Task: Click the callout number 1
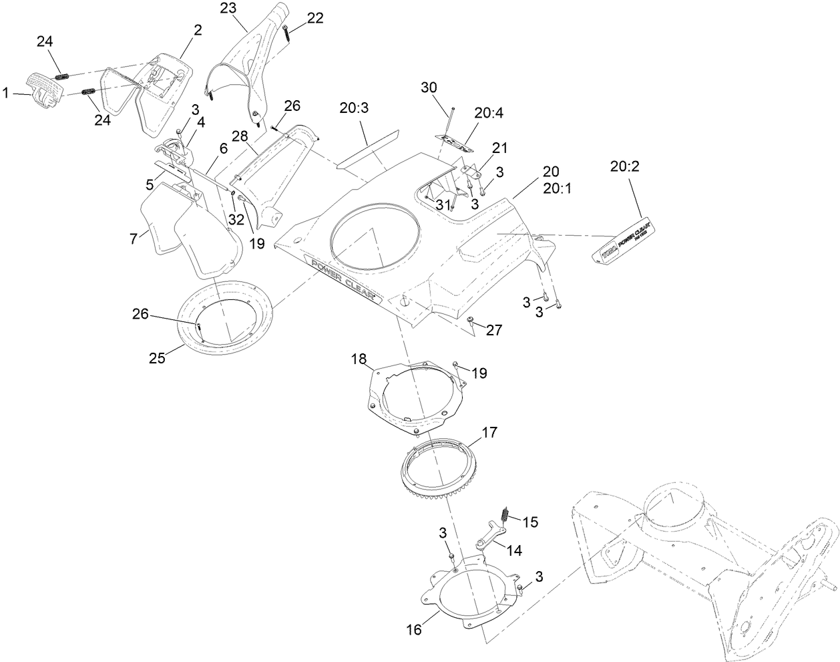pos(6,95)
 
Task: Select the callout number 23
pos(228,8)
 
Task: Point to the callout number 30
pos(429,88)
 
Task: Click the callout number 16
pos(414,629)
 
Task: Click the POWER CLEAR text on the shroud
pos(342,279)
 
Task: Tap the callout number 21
pos(500,147)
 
